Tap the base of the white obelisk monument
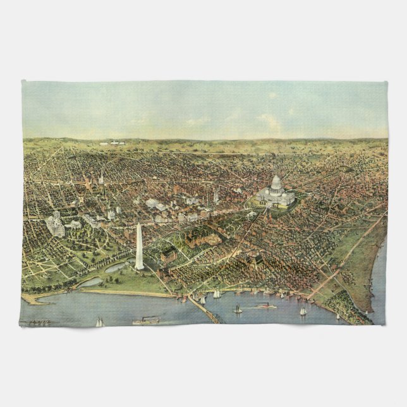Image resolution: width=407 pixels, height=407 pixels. (139, 268)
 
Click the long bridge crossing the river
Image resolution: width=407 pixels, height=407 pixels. (204, 309)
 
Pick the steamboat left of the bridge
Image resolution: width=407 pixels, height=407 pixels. (145, 320)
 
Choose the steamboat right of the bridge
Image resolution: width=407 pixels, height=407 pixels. (266, 306)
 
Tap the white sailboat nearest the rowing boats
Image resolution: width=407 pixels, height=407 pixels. (99, 322)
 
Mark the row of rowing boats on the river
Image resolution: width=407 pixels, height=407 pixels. (39, 322)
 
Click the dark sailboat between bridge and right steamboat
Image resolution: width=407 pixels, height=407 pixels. (238, 309)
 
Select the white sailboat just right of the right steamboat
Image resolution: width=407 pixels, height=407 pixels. (303, 311)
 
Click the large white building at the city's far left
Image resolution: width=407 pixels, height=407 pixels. (54, 225)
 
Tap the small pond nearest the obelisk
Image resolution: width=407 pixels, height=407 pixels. (115, 268)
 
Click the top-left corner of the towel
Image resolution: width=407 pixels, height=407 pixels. (23, 82)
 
